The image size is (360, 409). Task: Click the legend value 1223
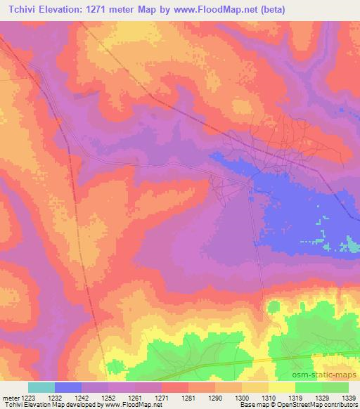tap(28, 397)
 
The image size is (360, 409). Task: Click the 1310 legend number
tap(269, 397)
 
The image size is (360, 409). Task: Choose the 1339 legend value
tap(349, 397)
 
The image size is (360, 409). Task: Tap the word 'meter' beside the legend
tap(9, 397)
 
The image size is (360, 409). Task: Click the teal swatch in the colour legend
tap(41, 387)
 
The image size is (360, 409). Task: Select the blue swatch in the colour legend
tap(68, 387)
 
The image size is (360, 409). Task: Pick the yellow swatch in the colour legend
tap(281, 387)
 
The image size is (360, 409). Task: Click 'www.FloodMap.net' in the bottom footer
tap(124, 405)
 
